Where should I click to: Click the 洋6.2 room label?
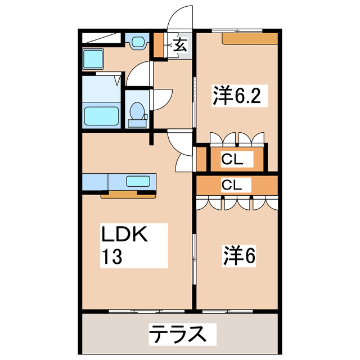[x=236, y=96]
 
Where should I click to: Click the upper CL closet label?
[x=232, y=160]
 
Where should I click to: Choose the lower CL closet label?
[x=232, y=184]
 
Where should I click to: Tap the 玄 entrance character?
[x=180, y=46]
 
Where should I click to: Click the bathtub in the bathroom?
[x=102, y=115]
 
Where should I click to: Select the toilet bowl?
[x=136, y=112]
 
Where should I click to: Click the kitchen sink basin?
[x=138, y=181]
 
